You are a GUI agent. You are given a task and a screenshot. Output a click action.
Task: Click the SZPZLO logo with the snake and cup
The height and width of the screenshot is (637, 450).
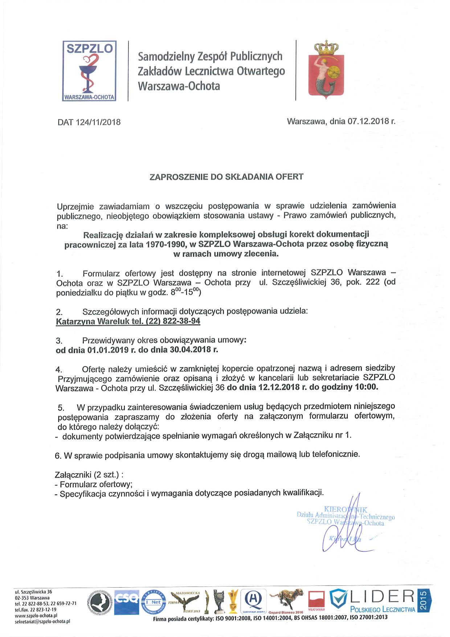tap(89, 71)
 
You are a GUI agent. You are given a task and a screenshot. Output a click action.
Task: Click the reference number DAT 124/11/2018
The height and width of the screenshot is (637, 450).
tap(89, 122)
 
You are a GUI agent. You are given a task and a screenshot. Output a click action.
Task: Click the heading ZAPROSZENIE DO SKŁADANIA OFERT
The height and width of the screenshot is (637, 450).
tap(226, 177)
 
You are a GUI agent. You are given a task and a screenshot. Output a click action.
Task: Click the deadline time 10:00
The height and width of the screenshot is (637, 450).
tap(366, 387)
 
